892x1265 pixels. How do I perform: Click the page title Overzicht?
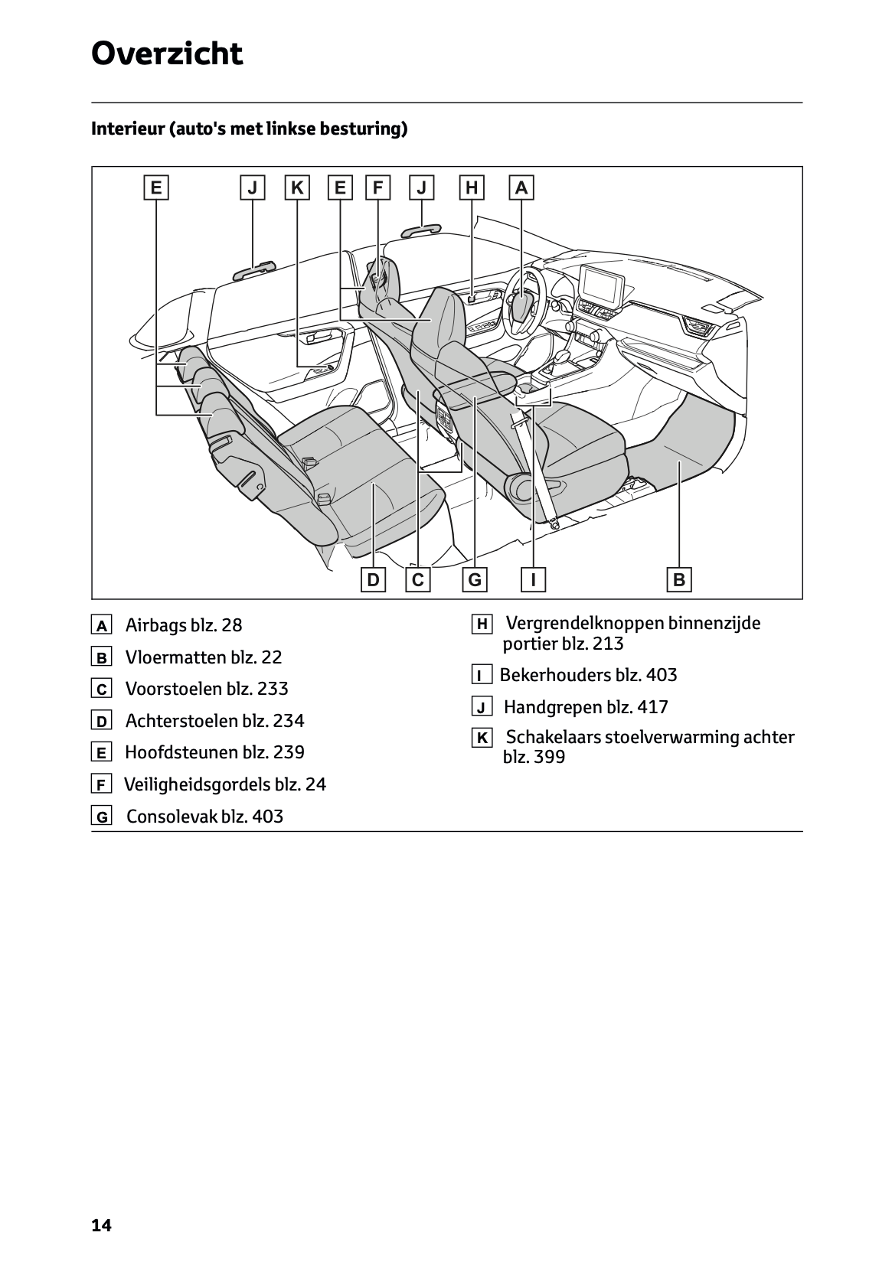(x=167, y=54)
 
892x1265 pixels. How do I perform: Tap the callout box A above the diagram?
(x=521, y=187)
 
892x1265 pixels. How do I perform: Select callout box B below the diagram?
(x=679, y=579)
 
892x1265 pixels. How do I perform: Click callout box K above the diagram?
(x=297, y=187)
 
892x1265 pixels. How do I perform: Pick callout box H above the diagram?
(x=472, y=187)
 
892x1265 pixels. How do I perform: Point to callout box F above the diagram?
(x=377, y=187)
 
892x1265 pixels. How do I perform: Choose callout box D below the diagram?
(x=373, y=579)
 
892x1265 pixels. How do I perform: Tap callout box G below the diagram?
(x=475, y=579)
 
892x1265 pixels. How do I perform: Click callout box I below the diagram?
(x=533, y=579)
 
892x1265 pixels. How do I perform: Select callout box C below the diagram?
(x=418, y=579)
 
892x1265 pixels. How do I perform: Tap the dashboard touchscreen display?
(x=603, y=285)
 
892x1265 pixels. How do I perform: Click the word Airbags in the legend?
(x=155, y=625)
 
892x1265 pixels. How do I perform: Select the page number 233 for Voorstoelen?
(x=273, y=689)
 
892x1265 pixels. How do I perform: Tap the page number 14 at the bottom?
(x=101, y=1226)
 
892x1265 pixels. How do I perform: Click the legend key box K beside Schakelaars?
(x=482, y=738)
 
